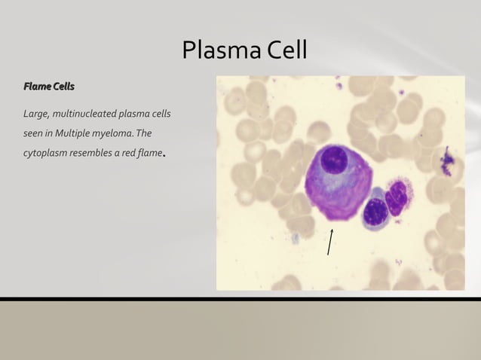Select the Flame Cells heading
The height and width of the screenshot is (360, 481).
point(49,87)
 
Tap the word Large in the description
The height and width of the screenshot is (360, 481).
point(35,114)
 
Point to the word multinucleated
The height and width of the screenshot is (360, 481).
point(82,114)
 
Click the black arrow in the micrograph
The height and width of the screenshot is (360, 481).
point(329,242)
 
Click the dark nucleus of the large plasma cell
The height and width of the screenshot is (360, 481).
point(333,161)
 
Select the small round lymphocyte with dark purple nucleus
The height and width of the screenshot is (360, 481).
point(375,213)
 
